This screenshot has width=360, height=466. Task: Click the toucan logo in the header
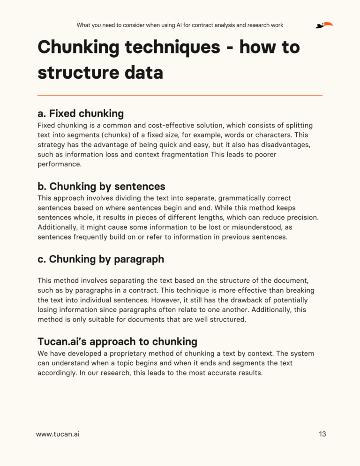(x=324, y=25)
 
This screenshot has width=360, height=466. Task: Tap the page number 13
(x=322, y=434)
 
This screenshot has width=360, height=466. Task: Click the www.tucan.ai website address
(x=58, y=434)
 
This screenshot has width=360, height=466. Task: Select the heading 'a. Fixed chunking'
(x=80, y=113)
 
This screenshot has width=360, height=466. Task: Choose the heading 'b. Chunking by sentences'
(x=101, y=186)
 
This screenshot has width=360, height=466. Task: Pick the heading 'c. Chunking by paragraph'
(x=100, y=259)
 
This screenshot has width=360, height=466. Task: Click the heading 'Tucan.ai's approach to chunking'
(x=117, y=341)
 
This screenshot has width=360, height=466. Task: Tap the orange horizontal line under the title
(x=180, y=96)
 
